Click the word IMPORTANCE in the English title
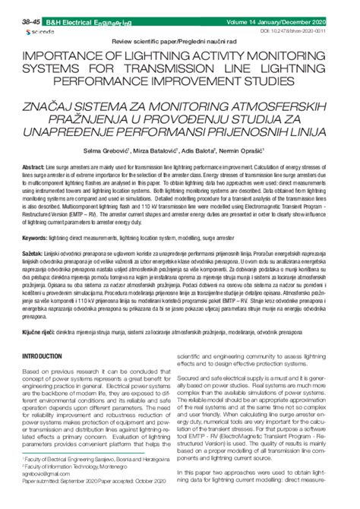[x=70, y=56]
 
